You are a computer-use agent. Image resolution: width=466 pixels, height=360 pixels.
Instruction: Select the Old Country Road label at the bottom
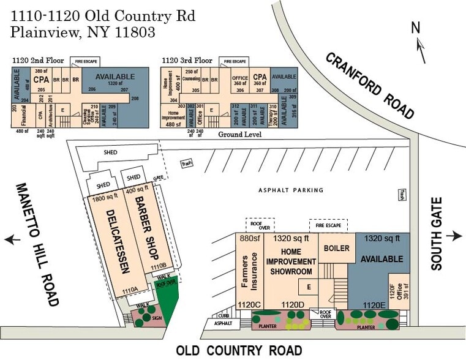(239, 350)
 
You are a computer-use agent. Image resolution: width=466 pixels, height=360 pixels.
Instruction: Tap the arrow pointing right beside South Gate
(454, 236)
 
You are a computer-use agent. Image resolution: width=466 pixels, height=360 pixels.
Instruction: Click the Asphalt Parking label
(290, 190)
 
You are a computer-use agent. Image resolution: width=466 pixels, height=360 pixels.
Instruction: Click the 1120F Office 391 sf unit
(396, 293)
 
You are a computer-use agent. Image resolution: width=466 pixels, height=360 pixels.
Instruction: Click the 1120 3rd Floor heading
(187, 61)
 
